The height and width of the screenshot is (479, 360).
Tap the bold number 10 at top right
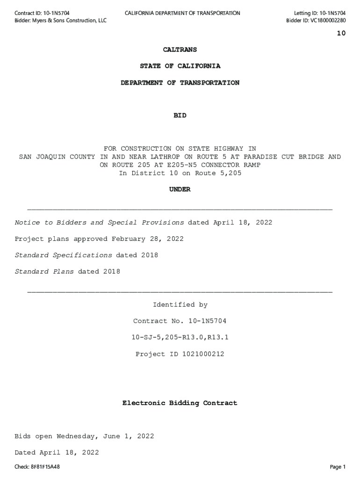(341, 33)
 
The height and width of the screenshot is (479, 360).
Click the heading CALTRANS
(180, 50)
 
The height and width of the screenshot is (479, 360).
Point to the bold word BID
(180, 116)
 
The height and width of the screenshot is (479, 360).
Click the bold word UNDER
(180, 189)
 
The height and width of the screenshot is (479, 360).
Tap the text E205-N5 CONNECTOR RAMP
(211, 165)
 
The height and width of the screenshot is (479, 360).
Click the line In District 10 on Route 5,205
(180, 173)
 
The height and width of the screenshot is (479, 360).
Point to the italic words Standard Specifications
(63, 255)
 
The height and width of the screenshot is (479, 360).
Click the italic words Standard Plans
(44, 272)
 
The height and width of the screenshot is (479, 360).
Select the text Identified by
(180, 305)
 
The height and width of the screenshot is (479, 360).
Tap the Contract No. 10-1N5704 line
(180, 321)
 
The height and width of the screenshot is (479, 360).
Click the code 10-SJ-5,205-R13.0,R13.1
(180, 338)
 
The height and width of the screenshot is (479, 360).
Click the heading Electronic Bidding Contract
(180, 403)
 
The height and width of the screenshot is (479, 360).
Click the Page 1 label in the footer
(338, 467)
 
